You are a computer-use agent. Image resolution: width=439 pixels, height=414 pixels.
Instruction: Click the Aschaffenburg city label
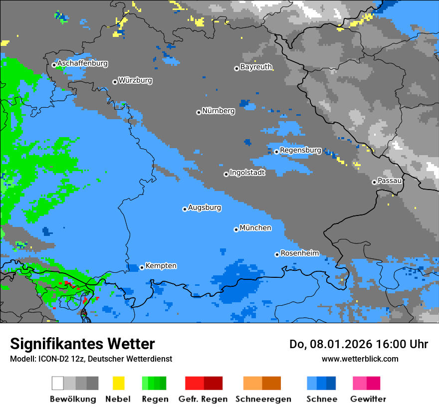[x=82, y=64]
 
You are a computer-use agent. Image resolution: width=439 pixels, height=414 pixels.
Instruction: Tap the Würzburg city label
[x=135, y=80]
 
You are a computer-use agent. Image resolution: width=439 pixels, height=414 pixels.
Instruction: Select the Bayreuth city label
[x=256, y=67]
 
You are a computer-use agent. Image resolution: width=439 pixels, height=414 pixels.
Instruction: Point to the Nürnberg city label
[x=219, y=111]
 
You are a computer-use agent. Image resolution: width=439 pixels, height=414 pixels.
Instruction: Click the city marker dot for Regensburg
[x=276, y=152]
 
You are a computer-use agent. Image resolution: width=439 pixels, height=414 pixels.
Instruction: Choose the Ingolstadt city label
[x=247, y=173]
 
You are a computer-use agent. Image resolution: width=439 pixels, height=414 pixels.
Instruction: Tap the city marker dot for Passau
[x=374, y=182]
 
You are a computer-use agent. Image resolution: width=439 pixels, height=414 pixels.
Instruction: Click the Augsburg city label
[x=205, y=207]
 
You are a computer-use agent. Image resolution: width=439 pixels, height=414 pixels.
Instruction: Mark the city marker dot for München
[x=236, y=229]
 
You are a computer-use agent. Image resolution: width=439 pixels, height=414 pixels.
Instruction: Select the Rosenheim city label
[x=300, y=253]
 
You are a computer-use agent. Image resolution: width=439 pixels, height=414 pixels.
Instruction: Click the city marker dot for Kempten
[x=142, y=267]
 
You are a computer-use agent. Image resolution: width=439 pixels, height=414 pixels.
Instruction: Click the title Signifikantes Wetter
[x=82, y=344]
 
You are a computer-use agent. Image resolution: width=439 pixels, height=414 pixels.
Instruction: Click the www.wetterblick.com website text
[x=360, y=359]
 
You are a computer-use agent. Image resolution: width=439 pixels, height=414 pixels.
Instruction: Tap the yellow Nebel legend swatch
[x=118, y=383]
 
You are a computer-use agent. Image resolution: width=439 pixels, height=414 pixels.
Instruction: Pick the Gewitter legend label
[x=368, y=399]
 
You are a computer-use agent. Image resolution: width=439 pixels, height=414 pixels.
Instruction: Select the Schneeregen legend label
[x=263, y=399]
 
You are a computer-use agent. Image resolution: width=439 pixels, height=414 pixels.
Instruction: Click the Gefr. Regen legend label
[x=203, y=399]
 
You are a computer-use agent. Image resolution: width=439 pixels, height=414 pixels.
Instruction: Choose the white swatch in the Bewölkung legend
[x=57, y=383]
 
